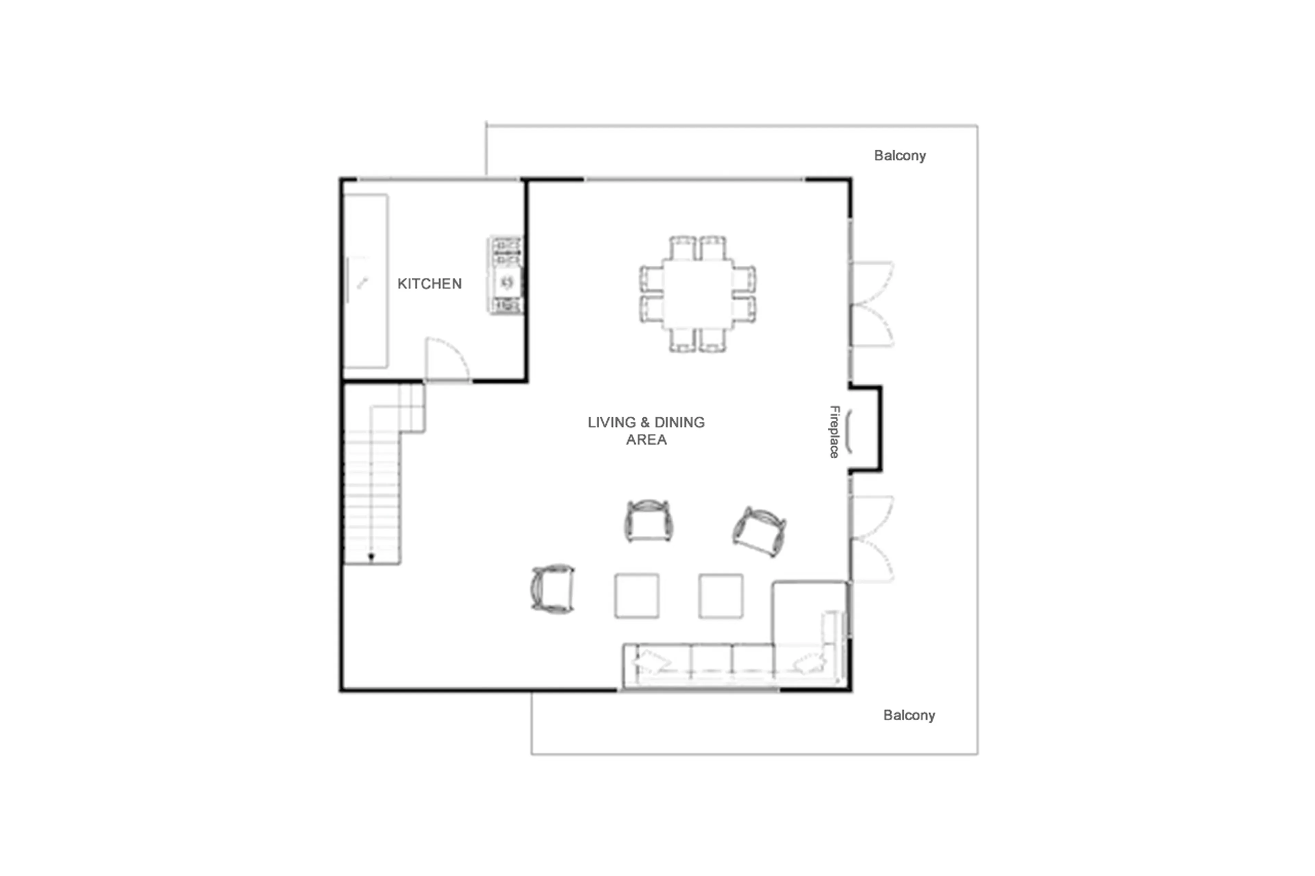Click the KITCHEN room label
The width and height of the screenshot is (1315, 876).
(429, 284)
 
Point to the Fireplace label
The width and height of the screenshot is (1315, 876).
(834, 432)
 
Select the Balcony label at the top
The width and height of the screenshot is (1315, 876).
(899, 156)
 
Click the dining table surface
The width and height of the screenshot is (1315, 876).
(698, 294)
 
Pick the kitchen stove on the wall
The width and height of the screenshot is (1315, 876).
(506, 275)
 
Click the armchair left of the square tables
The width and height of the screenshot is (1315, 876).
(553, 589)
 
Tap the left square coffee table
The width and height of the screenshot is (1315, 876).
(637, 596)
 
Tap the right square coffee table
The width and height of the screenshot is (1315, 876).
(721, 596)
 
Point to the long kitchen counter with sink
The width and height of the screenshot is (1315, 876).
(365, 281)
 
